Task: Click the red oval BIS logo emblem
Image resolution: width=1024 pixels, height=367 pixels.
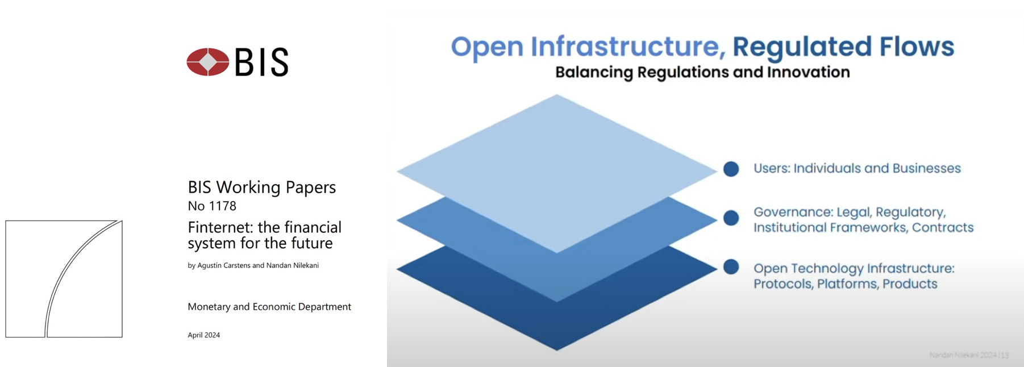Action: [x=208, y=62]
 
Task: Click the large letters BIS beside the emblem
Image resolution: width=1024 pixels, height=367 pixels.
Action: [x=262, y=62]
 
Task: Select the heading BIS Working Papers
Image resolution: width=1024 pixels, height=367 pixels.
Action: [x=261, y=187]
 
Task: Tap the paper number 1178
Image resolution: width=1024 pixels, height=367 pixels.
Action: [x=222, y=206]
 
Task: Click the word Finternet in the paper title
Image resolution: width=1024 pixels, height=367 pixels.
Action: [x=220, y=227]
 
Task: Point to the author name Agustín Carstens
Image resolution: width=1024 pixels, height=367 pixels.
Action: [x=223, y=265]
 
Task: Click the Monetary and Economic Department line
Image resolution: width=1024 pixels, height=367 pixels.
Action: [x=269, y=307]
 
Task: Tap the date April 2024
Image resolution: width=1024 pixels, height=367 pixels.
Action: [x=203, y=335]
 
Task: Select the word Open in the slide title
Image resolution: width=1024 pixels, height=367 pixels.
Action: [x=487, y=47]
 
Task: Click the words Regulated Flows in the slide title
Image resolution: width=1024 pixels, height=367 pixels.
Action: [x=843, y=47]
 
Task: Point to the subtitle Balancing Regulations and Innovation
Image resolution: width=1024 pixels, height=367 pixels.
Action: [x=702, y=72]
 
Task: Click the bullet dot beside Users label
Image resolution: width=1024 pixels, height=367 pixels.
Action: [x=731, y=169]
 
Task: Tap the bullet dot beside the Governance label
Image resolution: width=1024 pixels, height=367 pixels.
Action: [x=731, y=218]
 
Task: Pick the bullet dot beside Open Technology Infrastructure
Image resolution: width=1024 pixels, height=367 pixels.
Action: [x=731, y=267]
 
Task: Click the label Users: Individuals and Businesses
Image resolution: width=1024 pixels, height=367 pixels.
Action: [x=856, y=169]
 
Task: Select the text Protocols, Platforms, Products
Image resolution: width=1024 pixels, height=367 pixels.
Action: [x=845, y=284]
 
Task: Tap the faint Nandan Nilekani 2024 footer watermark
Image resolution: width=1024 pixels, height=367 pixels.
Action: [x=968, y=355]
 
